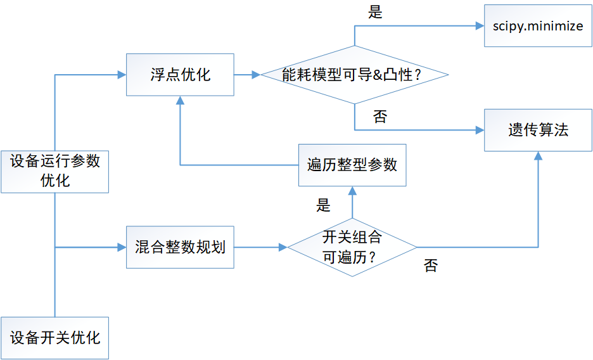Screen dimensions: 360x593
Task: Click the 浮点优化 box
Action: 180,75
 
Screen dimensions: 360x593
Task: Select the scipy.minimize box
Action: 538,26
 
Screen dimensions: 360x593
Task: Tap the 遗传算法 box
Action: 538,130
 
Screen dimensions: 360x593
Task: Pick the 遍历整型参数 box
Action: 352,165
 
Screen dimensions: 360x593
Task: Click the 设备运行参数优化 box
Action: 55,171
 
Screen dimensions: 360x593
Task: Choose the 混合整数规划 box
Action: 180,247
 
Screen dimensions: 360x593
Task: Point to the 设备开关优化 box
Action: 55,337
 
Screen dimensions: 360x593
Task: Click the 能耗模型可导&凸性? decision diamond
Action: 354,75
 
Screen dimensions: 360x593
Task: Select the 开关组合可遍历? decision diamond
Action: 352,247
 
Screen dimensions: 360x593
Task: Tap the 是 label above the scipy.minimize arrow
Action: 375,12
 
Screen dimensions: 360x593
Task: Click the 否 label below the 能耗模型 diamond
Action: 379,117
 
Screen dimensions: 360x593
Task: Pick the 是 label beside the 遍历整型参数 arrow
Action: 323,205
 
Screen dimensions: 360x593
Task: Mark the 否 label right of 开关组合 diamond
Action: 430,265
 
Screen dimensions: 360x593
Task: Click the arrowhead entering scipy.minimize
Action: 480,26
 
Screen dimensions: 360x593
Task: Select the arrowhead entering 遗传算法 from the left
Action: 480,130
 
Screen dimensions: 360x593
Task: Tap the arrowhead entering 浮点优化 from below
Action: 180,100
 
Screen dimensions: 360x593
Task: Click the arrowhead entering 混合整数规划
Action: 122,247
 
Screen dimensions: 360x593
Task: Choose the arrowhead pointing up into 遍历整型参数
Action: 352,191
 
